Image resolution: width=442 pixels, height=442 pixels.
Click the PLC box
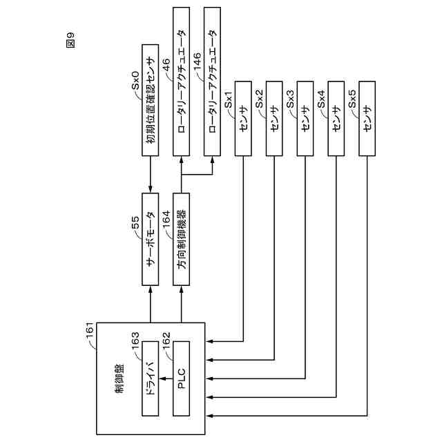pos(182,378)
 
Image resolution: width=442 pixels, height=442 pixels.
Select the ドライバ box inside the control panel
pos(151,378)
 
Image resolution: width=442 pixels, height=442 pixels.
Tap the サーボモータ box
pos(151,240)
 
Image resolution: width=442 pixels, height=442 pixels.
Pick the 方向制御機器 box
pos(182,240)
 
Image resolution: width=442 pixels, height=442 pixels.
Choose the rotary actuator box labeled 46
pos(182,81)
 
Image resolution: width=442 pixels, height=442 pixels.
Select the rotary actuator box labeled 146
pos(213,81)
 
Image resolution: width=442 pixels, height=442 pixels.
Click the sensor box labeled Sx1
pos(243,120)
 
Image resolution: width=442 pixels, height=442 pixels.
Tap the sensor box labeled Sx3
pos(305,120)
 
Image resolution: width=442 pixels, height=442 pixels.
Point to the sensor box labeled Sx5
pos(366,120)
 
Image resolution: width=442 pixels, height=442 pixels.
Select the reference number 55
pos(136,223)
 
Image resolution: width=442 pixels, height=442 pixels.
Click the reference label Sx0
pos(136,78)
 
